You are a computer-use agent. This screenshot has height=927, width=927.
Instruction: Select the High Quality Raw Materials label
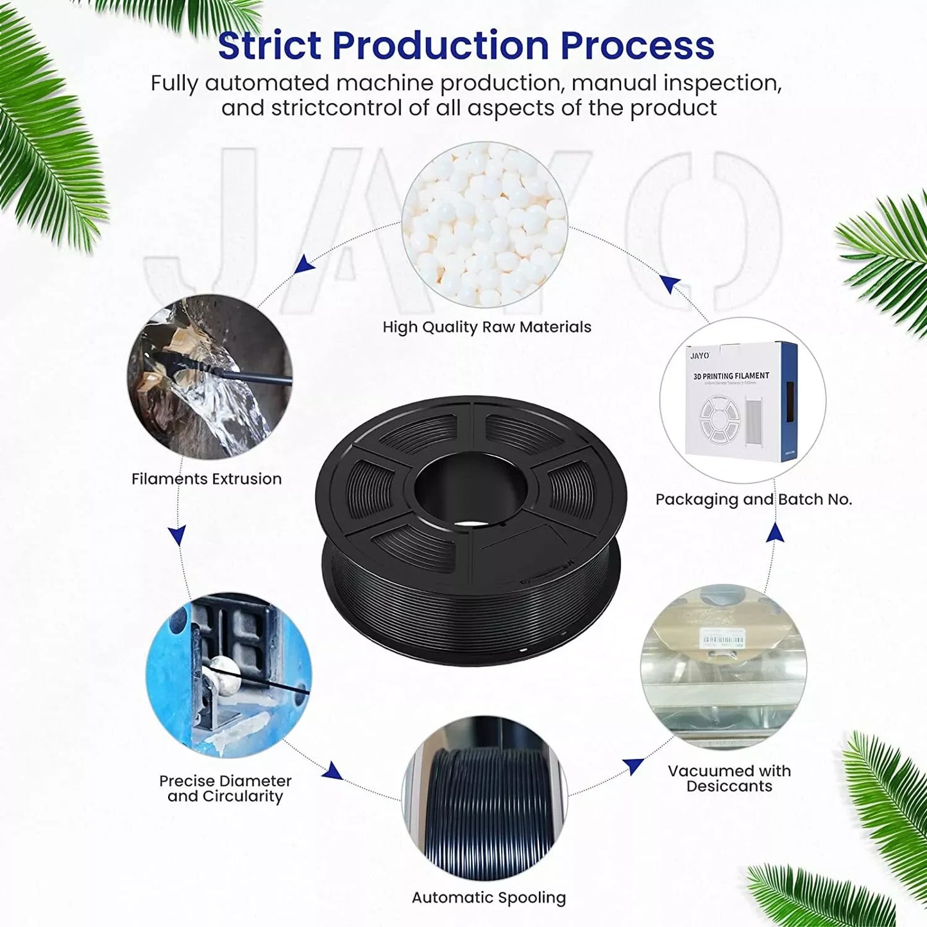[x=487, y=327]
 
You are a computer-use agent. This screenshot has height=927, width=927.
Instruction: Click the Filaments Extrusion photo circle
[x=210, y=377]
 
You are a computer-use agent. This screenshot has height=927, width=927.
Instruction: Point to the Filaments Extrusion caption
[x=207, y=479]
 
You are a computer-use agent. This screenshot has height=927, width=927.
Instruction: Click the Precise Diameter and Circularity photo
[x=228, y=675]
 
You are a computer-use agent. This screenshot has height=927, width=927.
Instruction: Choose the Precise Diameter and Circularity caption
[x=225, y=788]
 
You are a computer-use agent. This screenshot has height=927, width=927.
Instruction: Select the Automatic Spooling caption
[x=489, y=897]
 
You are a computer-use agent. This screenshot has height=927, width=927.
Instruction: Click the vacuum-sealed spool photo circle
[x=724, y=667]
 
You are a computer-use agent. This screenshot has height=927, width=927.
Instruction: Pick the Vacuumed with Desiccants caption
[x=729, y=778]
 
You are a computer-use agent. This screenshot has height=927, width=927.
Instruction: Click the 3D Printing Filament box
[x=743, y=400]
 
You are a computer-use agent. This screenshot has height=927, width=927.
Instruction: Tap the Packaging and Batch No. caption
[x=754, y=499]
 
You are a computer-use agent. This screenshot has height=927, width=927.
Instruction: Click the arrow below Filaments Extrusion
[x=177, y=534]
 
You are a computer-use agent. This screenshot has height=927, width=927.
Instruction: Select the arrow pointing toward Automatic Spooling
[x=332, y=770]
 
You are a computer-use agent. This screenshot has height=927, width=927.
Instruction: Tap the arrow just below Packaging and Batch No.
[x=776, y=532]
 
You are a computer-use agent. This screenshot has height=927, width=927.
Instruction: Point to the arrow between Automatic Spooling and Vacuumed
[x=633, y=765]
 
